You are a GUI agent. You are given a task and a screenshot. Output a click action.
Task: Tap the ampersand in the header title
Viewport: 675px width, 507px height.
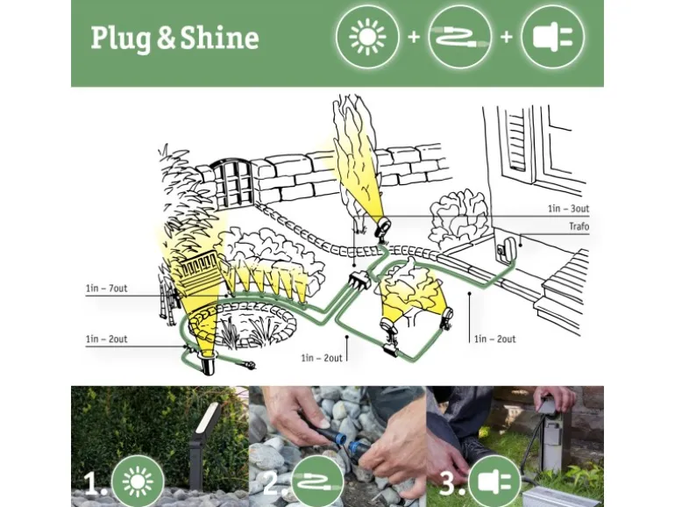pos(167,39)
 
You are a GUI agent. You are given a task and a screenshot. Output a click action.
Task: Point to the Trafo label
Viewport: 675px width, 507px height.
pos(579,227)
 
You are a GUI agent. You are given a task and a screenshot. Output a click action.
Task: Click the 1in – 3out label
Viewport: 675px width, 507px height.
pos(568,211)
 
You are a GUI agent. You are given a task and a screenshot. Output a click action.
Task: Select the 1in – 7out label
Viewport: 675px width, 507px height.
pos(106,289)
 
